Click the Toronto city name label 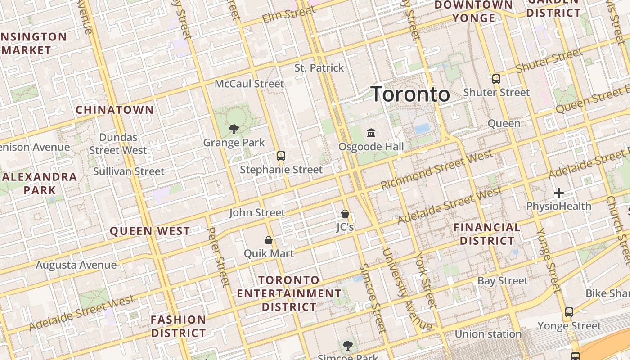point(410,94)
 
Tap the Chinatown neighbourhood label point(115,110)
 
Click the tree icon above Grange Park point(234,129)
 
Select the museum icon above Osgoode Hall point(371,133)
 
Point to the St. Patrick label point(319,68)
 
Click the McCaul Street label point(249,84)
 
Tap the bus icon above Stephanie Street point(281,156)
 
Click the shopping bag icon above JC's point(345,213)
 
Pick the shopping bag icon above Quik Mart point(269,240)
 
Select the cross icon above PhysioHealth point(559,193)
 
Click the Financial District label point(487,234)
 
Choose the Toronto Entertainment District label point(289,293)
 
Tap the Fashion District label point(178,327)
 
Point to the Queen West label point(150,231)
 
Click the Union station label point(488,334)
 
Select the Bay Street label point(503,281)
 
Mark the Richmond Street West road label point(436,170)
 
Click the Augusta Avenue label point(76,265)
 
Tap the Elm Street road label point(283,15)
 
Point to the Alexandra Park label point(40,183)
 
